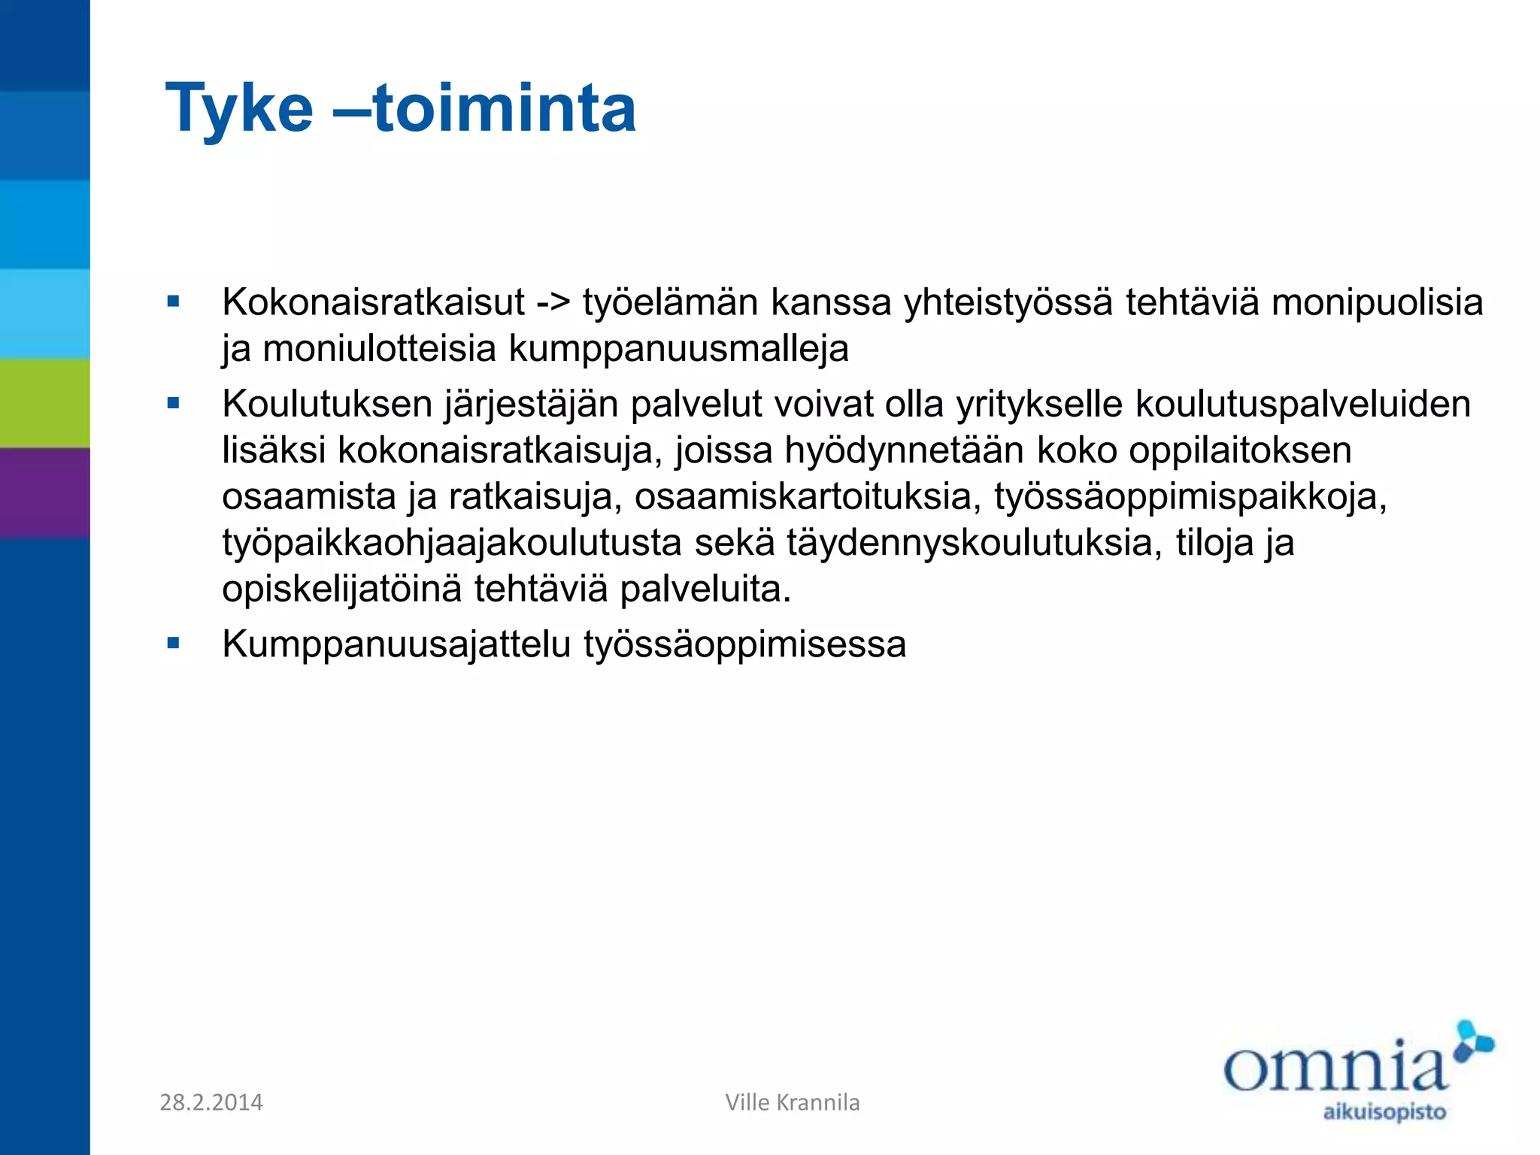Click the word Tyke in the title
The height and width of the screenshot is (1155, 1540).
pos(239,110)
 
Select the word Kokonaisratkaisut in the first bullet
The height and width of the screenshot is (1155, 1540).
pos(373,302)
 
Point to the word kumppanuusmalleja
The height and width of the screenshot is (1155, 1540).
pos(679,349)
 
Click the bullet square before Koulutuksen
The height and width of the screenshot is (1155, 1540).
pos(174,404)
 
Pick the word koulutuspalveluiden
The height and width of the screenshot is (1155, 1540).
pos(1302,405)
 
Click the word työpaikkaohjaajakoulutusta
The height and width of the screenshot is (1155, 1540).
pos(452,543)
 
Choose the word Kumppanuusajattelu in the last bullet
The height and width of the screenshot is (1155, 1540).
pos(396,644)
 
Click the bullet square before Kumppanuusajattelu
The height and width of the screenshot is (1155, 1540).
pos(174,644)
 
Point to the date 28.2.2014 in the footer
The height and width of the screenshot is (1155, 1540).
pos(211,1102)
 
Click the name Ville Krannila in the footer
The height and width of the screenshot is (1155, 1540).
pos(793,1102)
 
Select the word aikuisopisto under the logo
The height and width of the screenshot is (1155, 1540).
pos(1384,1112)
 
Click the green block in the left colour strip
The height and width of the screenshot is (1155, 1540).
pos(45,403)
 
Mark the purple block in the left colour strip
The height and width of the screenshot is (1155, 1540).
pos(45,493)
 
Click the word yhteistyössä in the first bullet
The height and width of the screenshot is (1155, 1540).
pos(1008,303)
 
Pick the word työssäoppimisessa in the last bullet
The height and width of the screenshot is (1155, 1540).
pos(745,644)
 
